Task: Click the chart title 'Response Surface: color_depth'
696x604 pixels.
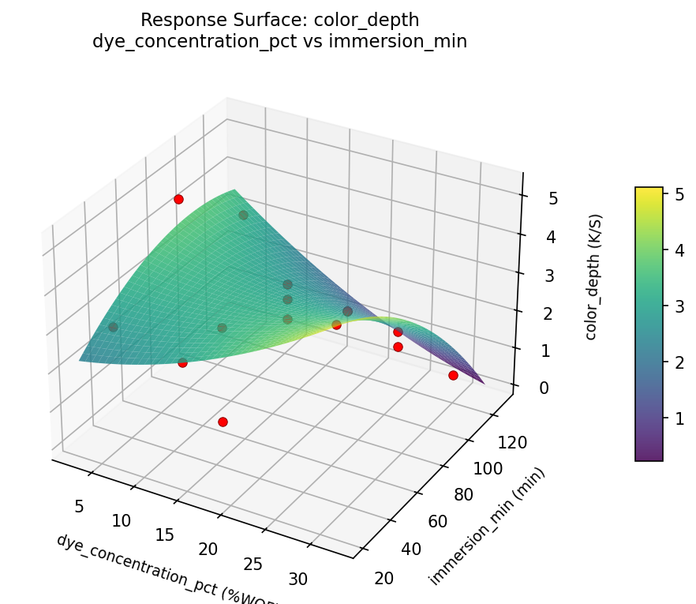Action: click(x=279, y=20)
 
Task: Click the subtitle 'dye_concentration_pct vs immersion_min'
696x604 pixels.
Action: click(x=279, y=41)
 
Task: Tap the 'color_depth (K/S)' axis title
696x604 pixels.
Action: click(x=593, y=276)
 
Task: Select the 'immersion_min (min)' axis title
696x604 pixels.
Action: click(x=487, y=527)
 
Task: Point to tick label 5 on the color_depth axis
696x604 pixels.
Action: click(x=553, y=199)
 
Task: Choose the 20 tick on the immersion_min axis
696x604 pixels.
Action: click(x=384, y=579)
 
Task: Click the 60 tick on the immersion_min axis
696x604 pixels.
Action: click(x=453, y=522)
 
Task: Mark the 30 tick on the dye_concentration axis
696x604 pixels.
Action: click(x=297, y=580)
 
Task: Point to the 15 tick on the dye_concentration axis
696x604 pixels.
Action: click(x=165, y=535)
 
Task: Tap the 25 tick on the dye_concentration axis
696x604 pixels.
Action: click(x=253, y=564)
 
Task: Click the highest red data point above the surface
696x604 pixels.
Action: click(x=178, y=199)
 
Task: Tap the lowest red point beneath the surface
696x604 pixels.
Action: click(x=223, y=422)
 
